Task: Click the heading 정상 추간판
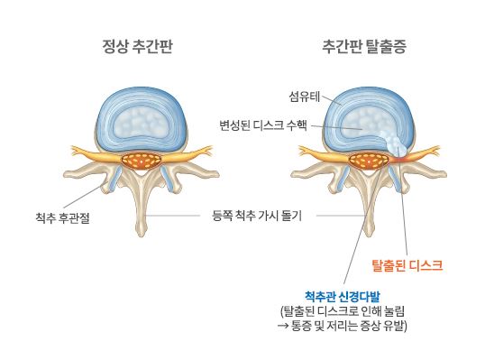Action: [x=136, y=48]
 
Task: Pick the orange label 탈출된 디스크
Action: [x=407, y=265]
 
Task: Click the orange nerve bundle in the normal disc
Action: [x=140, y=162]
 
